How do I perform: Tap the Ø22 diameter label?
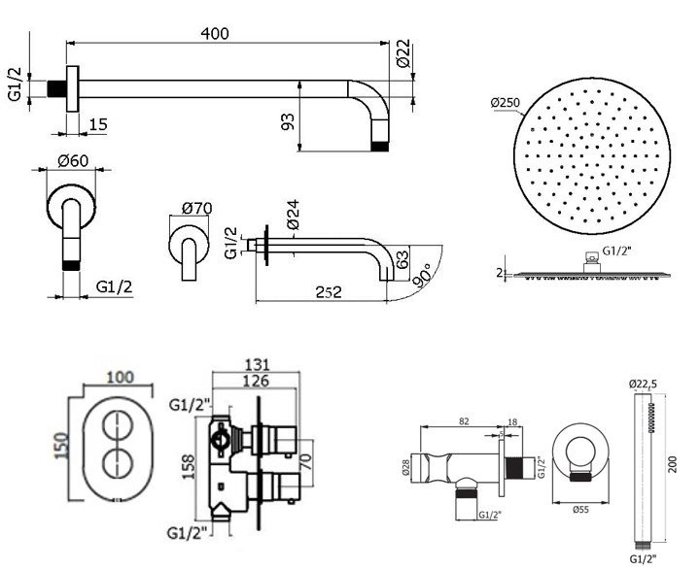pos(402,57)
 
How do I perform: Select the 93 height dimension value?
pos(287,122)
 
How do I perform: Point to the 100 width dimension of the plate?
pos(118,375)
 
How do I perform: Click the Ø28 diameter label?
pos(404,467)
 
